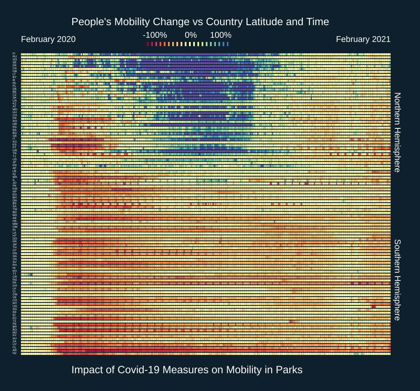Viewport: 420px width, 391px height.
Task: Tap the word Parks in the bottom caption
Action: click(x=289, y=370)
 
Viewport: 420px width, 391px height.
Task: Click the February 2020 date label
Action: click(x=48, y=39)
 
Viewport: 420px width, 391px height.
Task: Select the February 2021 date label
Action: click(x=363, y=39)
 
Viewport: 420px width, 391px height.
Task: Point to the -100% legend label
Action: click(x=155, y=35)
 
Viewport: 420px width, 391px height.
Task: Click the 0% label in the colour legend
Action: click(x=191, y=35)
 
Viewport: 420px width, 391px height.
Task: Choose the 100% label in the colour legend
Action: click(x=220, y=35)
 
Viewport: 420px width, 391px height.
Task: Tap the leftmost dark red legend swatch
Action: click(x=148, y=44)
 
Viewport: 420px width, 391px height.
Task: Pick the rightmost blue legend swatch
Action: click(x=228, y=44)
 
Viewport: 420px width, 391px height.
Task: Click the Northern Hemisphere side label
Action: click(x=397, y=132)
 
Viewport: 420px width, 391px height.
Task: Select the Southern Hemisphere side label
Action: click(x=397, y=280)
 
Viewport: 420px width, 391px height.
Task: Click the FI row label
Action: click(x=14, y=54)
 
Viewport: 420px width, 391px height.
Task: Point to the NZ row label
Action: click(x=14, y=353)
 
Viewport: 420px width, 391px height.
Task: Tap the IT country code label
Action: click(x=14, y=139)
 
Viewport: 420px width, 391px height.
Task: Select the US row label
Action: click(x=14, y=159)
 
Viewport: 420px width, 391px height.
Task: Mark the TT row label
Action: click(x=14, y=274)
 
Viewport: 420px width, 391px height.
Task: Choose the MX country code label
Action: click(x=14, y=215)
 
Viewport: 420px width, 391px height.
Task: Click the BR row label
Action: click(x=14, y=326)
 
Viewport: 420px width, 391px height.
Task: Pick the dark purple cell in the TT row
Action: click(x=31, y=274)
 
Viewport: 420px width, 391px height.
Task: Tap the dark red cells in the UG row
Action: click(x=373, y=306)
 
